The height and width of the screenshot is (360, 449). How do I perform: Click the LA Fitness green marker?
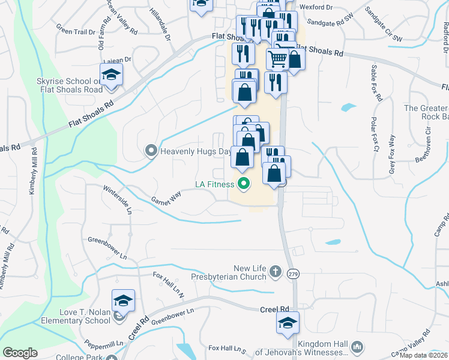click(243, 184)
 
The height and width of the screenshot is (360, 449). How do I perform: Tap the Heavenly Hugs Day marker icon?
click(151, 151)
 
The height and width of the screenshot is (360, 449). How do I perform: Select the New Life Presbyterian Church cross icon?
click(275, 271)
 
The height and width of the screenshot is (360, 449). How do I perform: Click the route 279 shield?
click(293, 274)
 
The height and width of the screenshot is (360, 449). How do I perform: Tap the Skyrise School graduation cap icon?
click(111, 76)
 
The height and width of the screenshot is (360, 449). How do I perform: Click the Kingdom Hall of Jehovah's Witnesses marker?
click(357, 347)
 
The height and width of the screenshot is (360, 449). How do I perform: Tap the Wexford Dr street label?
click(319, 7)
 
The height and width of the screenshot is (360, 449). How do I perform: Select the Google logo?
click(20, 353)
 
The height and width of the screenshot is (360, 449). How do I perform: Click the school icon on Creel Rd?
click(288, 322)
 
